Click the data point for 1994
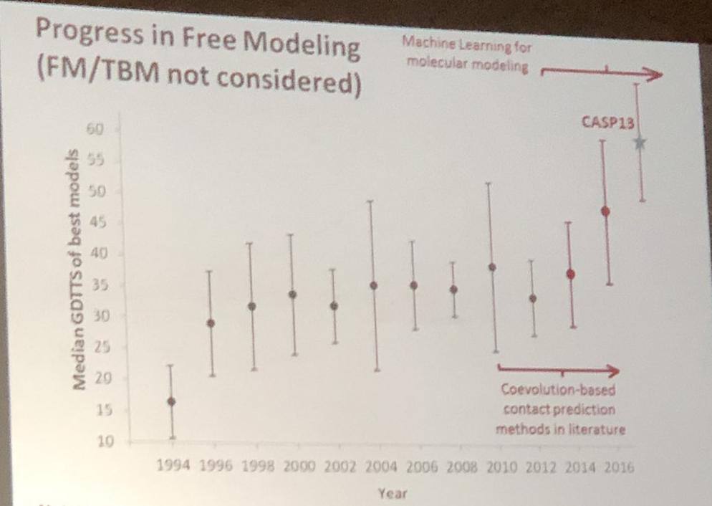click(171, 401)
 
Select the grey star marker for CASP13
click(640, 143)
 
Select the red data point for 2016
click(605, 211)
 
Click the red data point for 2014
click(570, 274)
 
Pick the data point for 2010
click(492, 267)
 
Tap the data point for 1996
click(211, 323)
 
